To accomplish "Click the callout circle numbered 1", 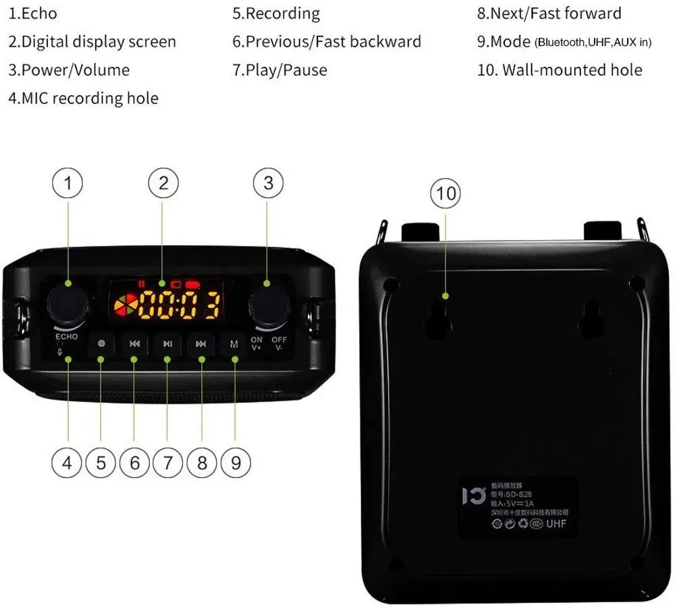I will [x=67, y=183].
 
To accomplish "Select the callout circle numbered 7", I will [x=168, y=463].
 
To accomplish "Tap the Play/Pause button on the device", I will [x=167, y=344].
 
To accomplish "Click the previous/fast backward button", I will [x=134, y=344].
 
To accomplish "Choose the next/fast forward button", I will [x=200, y=344].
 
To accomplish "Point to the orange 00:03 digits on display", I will [x=179, y=305].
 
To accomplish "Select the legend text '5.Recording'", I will [x=276, y=14].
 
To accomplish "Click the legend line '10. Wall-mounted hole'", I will [x=560, y=70].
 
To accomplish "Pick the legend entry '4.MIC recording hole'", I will [x=83, y=99].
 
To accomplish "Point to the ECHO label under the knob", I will [x=67, y=336].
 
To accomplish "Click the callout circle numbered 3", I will [x=268, y=183].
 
